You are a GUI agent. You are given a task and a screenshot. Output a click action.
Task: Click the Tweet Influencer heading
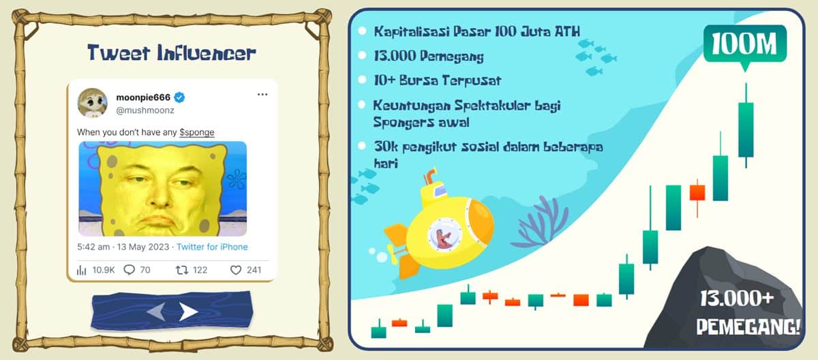point(172,52)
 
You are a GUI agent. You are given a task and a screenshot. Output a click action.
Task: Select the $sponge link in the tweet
point(197,131)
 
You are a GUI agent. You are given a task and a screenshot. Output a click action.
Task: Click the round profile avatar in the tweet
point(92,102)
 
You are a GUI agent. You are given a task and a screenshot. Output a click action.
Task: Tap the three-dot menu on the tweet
point(262,95)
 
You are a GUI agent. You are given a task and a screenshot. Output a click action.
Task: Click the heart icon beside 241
point(236,270)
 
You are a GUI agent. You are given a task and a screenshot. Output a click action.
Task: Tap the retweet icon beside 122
point(181,270)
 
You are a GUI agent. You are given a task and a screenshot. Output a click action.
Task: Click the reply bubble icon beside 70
point(130,270)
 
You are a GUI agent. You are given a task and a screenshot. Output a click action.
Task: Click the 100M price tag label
point(744,44)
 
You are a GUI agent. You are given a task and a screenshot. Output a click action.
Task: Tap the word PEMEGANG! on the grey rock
point(748,326)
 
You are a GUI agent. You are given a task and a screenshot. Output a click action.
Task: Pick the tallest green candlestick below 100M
point(746,128)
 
